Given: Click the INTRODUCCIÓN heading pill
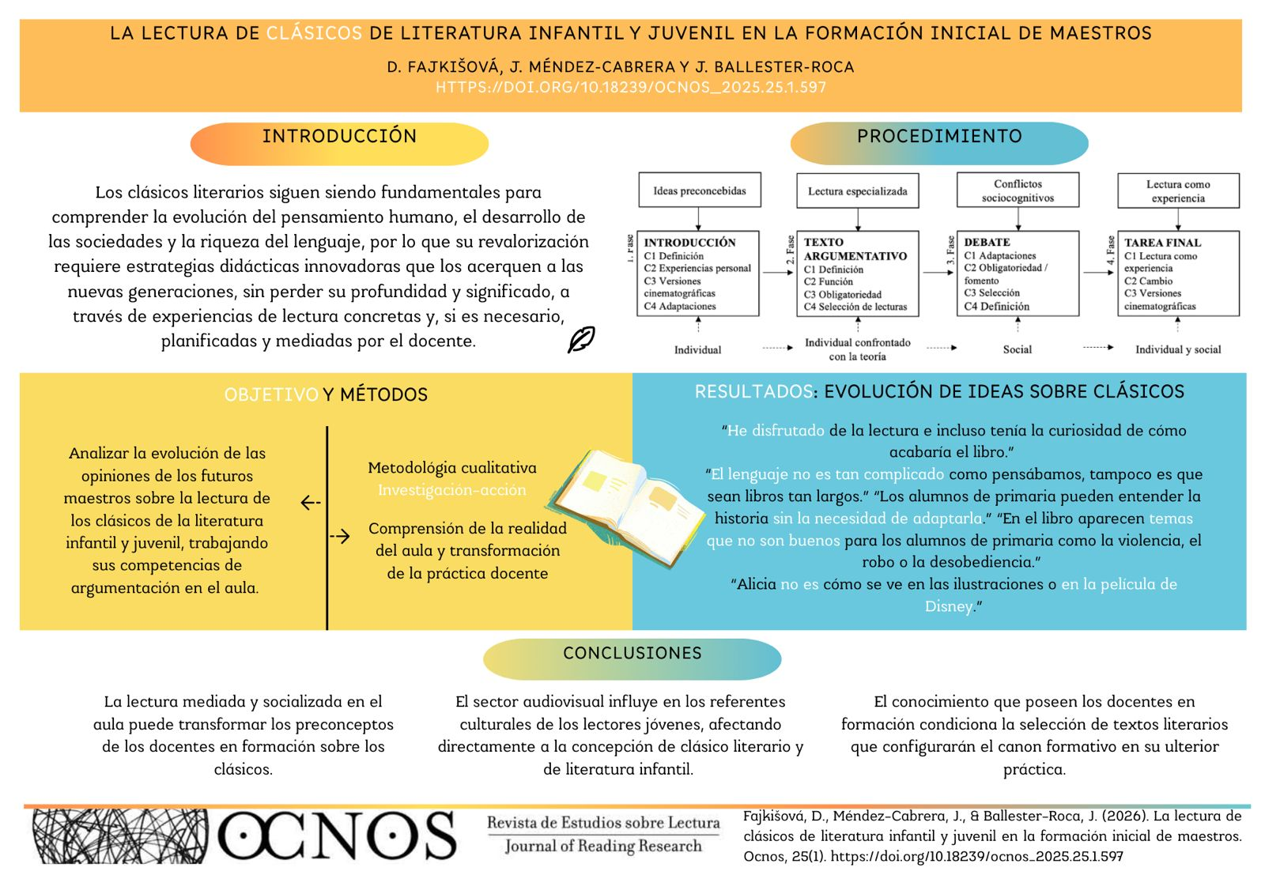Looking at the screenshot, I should point(339,143).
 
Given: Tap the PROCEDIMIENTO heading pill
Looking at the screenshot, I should point(938,143).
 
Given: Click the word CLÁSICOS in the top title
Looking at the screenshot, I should point(314,33).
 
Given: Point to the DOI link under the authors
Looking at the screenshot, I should point(630,88).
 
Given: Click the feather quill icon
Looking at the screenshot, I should point(581,339).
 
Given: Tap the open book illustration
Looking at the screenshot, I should point(629,507).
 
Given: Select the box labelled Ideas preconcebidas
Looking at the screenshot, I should point(699,190).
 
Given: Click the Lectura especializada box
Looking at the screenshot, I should point(857,191).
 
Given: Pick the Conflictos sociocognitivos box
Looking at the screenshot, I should point(1018,190).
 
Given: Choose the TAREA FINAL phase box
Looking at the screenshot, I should point(1178,273).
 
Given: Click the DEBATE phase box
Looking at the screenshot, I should point(1018,273).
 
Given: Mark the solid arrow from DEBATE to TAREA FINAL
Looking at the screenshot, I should point(1098,273).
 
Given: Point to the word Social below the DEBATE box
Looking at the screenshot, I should point(1018,349).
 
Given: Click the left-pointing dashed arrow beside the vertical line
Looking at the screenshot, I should point(311,502).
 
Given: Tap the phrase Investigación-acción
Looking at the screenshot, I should point(451,490).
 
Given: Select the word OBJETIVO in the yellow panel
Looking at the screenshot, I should point(271,394).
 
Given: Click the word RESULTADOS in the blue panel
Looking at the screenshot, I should point(753,391).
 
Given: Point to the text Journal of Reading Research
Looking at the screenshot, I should point(603,847).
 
